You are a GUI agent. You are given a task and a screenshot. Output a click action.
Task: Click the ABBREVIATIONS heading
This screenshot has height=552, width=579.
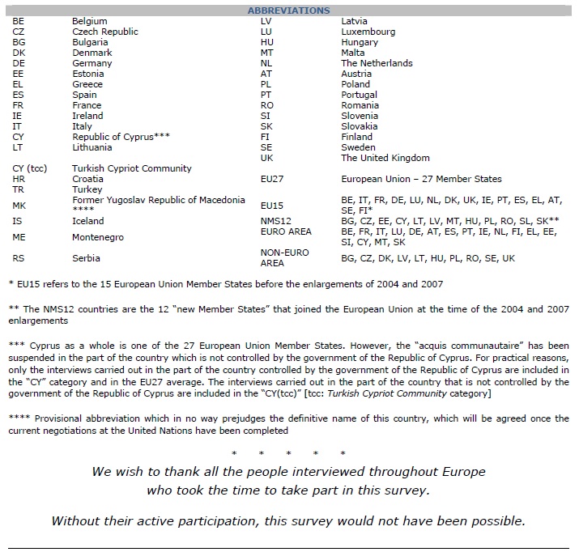pos(288,11)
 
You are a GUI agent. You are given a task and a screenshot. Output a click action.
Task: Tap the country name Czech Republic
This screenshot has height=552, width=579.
pos(104,32)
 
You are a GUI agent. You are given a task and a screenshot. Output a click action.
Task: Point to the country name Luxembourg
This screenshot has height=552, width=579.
pos(368,32)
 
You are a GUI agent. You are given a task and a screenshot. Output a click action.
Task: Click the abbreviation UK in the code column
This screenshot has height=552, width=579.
pos(267,158)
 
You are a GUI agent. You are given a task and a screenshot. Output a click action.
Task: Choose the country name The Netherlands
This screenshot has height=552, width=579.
pos(377,63)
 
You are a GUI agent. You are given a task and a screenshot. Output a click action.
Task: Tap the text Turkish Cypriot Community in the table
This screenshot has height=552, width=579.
pos(131,168)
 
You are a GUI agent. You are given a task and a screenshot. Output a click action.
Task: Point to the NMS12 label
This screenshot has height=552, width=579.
pos(274,220)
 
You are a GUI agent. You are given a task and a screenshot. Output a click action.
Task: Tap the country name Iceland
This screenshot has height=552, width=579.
pos(87,220)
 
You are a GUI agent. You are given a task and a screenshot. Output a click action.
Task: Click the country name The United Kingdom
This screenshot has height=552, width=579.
pos(385,158)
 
